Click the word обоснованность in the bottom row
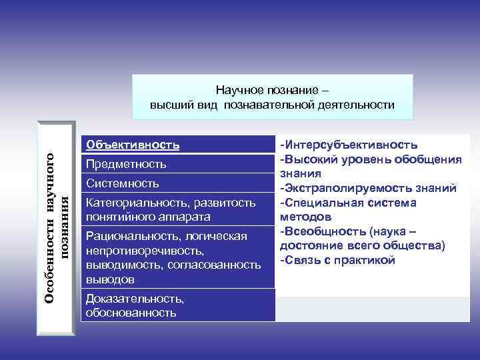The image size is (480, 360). [131, 312]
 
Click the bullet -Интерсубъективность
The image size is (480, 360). [349, 145]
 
